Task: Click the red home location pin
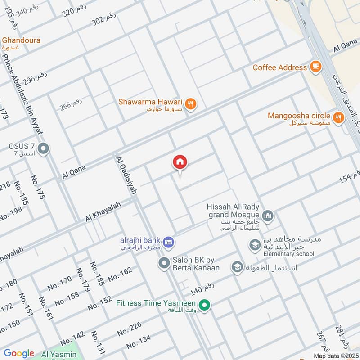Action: (x=180, y=162)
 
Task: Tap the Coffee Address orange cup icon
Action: (x=315, y=67)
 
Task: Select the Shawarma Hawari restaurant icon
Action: (x=191, y=103)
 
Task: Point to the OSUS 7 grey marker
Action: (x=44, y=148)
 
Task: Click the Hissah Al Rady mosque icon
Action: (x=268, y=216)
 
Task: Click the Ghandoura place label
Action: (x=21, y=40)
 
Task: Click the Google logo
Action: (x=19, y=353)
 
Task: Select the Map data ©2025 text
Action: (x=335, y=355)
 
